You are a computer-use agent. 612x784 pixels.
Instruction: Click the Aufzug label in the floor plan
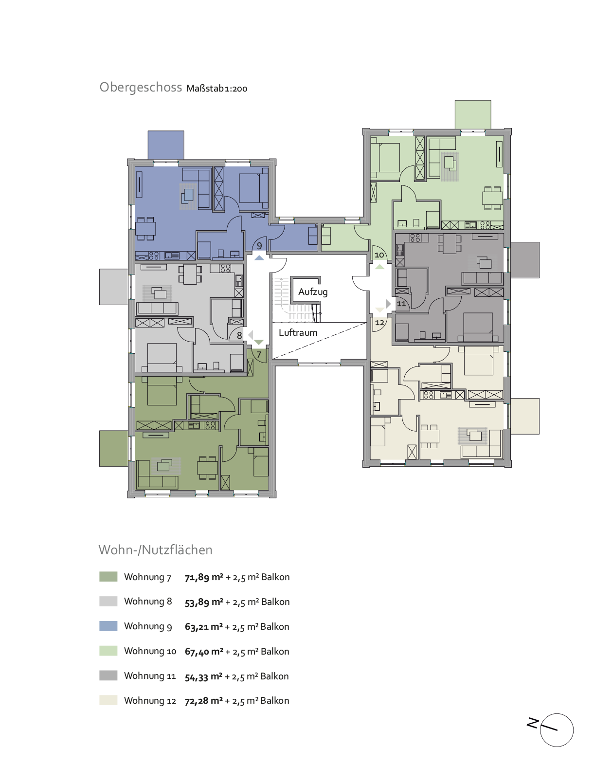(313, 292)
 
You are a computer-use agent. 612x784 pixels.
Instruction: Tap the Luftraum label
(298, 332)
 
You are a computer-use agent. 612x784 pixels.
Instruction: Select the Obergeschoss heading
(141, 87)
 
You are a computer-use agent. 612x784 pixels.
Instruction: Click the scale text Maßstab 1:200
(217, 89)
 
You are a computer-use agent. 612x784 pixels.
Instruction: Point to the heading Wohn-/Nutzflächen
(156, 550)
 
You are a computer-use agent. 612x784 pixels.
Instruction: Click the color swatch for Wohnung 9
(108, 626)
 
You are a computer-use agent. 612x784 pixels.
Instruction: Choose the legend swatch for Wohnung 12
(108, 700)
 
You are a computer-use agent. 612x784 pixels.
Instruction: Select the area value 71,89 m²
(204, 577)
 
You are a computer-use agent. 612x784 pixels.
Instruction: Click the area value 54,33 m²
(203, 676)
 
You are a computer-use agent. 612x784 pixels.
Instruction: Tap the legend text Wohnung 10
(150, 651)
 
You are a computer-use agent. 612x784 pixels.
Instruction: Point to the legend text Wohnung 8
(148, 602)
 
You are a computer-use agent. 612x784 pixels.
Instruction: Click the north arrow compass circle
(557, 730)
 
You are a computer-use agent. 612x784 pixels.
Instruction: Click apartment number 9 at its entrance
(259, 246)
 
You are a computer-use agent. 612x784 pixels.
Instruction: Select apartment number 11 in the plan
(401, 304)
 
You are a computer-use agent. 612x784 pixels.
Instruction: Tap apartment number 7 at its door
(259, 355)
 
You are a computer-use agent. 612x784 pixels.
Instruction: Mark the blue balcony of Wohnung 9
(166, 145)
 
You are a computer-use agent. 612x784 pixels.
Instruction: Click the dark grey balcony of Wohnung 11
(525, 260)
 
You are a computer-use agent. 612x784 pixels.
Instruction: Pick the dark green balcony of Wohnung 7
(114, 448)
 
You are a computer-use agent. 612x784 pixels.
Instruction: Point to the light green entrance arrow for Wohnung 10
(379, 267)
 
